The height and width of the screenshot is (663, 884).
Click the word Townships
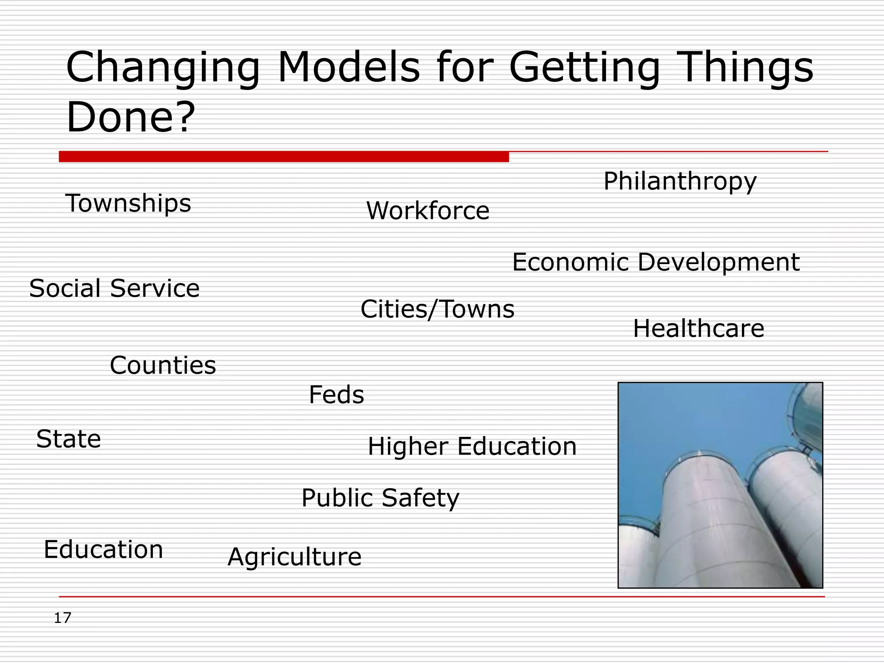tap(128, 203)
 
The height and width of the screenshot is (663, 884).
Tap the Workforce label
tap(427, 211)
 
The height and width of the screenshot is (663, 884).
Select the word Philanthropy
tap(680, 181)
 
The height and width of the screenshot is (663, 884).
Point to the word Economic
tap(570, 262)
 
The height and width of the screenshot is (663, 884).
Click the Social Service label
tap(114, 288)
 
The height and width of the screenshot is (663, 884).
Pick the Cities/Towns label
tap(437, 309)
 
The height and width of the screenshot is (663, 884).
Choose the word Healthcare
tap(698, 328)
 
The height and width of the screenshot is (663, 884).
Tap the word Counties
tap(163, 365)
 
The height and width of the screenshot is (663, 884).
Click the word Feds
tap(336, 395)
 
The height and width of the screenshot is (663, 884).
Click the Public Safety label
tap(380, 498)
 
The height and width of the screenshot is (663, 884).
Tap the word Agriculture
tap(294, 557)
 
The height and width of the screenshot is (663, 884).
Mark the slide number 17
tap(63, 618)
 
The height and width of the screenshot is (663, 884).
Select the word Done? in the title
tap(131, 117)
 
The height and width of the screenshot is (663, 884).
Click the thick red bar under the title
tap(284, 156)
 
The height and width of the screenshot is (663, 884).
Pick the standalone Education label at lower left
tap(103, 549)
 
